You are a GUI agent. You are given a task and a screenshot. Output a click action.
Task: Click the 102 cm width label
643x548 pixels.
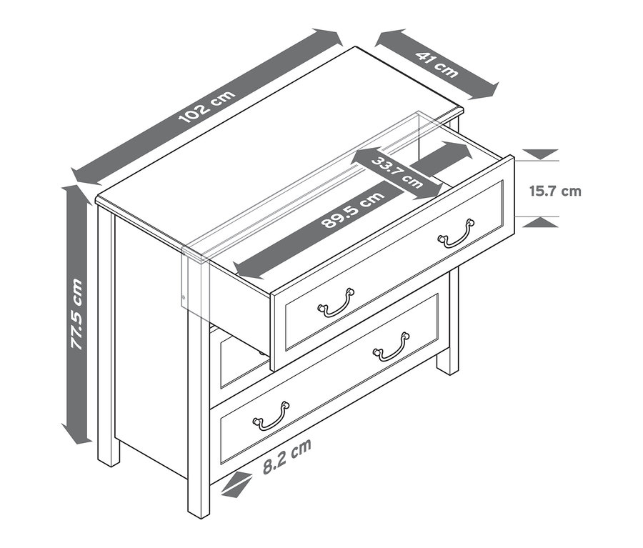[207, 106]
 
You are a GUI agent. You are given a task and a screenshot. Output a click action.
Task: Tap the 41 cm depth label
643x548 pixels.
[437, 64]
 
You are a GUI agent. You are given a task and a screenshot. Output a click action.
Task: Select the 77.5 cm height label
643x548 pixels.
[77, 314]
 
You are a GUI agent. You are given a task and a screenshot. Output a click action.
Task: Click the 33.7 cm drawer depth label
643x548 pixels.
[397, 172]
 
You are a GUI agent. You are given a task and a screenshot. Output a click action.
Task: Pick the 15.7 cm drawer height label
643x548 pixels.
[555, 191]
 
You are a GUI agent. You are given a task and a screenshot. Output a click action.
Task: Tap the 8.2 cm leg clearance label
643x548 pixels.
[287, 455]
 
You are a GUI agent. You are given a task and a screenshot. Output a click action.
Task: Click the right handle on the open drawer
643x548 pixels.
[457, 234]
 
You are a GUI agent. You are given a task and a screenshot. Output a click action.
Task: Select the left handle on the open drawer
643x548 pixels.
[337, 303]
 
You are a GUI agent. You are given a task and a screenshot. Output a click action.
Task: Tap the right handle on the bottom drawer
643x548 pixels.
[392, 347]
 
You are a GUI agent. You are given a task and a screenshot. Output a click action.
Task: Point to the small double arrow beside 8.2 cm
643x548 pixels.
[236, 484]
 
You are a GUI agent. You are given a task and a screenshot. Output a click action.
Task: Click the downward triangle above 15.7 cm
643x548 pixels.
[542, 154]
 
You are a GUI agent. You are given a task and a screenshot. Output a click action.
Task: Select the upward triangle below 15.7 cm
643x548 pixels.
[542, 222]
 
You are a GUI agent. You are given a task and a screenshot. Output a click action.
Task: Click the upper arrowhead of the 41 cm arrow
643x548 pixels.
[387, 38]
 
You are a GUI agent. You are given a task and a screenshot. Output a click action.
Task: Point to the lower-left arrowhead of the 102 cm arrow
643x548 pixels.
[84, 176]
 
